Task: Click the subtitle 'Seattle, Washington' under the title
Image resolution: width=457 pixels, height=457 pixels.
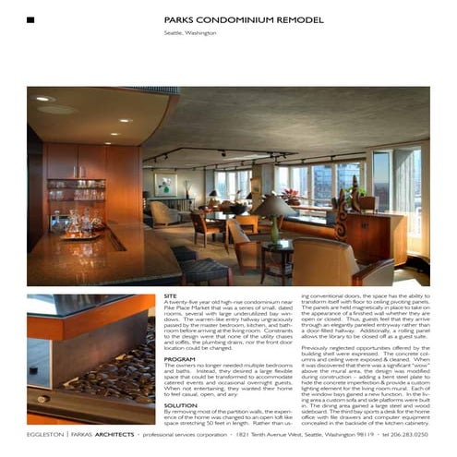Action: [x=190, y=33]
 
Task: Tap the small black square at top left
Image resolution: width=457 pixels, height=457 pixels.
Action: [x=30, y=19]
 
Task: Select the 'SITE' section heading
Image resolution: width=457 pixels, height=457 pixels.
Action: [x=170, y=296]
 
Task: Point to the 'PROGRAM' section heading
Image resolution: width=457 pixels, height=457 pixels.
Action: [x=178, y=357]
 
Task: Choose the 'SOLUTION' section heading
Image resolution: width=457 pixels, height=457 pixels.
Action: [x=180, y=403]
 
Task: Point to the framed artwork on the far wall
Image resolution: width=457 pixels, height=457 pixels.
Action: [x=167, y=184]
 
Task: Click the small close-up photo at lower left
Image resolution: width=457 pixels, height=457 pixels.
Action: [x=90, y=360]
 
